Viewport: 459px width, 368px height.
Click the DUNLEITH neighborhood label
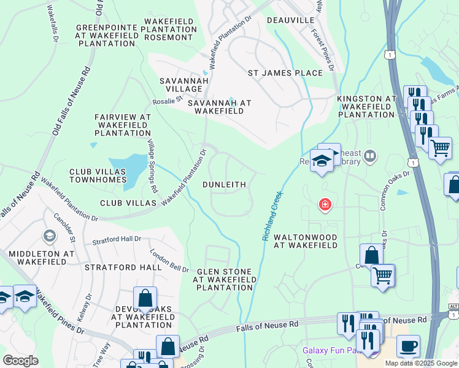224,184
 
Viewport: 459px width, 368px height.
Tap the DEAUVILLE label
291,20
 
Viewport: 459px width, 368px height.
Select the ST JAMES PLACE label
285,73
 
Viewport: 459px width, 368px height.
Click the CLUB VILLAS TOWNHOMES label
98,176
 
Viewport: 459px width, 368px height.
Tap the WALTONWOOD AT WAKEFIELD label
305,241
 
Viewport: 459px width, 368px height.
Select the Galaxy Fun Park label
331,350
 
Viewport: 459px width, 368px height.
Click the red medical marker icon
325,205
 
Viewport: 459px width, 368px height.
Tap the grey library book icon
369,156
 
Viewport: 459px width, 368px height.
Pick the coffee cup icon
408,346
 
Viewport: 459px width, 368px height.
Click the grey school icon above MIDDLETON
49,236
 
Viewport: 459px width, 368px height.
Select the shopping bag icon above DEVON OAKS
145,299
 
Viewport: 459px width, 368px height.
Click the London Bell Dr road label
170,261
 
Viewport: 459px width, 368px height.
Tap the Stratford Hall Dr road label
117,240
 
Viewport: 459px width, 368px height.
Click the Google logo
21,361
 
